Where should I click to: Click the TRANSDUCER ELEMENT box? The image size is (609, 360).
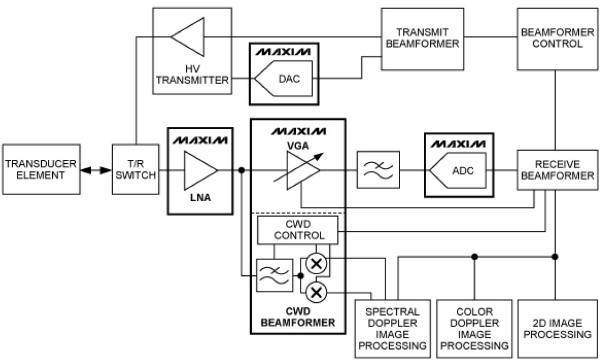pos(41,169)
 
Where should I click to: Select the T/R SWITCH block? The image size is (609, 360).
pos(135,169)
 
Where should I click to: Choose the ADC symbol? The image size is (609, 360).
pos(458,170)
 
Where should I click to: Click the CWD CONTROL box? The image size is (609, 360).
pos(297,230)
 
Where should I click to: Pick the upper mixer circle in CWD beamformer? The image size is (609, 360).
pos(315,263)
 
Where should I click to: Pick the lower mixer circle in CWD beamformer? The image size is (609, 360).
pos(315,291)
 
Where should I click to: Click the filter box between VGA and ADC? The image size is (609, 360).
pos(379,170)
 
